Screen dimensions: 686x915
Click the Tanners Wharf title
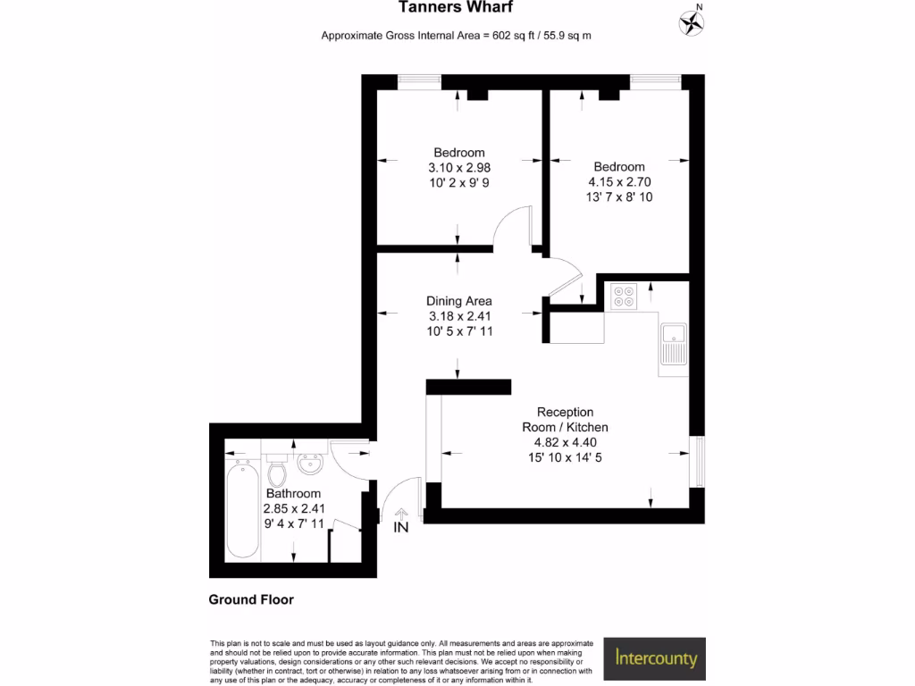pos(456,8)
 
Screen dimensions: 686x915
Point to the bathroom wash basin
pos(310,464)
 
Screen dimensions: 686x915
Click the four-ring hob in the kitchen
pos(623,297)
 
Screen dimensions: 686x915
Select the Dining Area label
pos(459,301)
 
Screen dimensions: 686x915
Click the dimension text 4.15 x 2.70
pos(619,182)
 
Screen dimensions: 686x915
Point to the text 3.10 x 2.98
pos(459,167)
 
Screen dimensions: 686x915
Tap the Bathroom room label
pos(293,493)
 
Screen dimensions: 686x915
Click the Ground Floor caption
pos(251,599)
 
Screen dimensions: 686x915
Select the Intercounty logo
pos(656,659)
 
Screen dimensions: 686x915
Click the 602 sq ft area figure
pos(518,36)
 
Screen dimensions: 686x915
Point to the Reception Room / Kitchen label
pos(565,420)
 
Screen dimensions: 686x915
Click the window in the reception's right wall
pos(699,462)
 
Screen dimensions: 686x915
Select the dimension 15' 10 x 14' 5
pos(565,457)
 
